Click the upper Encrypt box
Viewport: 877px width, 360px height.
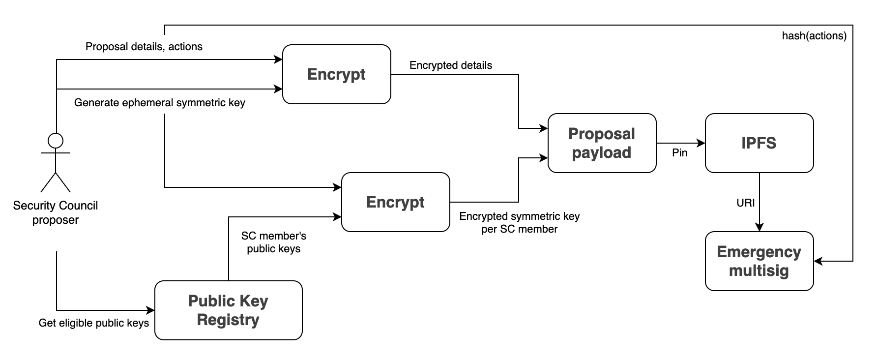point(336,74)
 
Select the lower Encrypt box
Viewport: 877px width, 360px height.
point(395,202)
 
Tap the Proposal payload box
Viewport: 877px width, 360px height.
point(602,143)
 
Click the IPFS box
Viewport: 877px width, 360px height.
point(759,143)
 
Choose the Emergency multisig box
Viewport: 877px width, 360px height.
point(759,261)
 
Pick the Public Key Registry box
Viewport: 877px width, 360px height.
point(228,310)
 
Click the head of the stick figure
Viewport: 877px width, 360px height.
point(56,141)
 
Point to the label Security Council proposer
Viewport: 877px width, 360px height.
point(56,212)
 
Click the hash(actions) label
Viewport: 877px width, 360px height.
point(814,36)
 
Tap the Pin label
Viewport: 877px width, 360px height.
point(679,153)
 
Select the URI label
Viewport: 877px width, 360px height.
point(745,203)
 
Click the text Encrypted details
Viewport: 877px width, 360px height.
point(450,65)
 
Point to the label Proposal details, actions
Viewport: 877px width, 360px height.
point(144,47)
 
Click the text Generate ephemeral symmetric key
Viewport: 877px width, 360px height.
point(159,103)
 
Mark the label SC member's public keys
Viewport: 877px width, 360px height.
point(273,242)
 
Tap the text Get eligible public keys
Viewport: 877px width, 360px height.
point(94,323)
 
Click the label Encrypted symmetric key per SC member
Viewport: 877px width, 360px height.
point(520,222)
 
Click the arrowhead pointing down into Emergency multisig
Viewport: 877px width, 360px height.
point(760,227)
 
